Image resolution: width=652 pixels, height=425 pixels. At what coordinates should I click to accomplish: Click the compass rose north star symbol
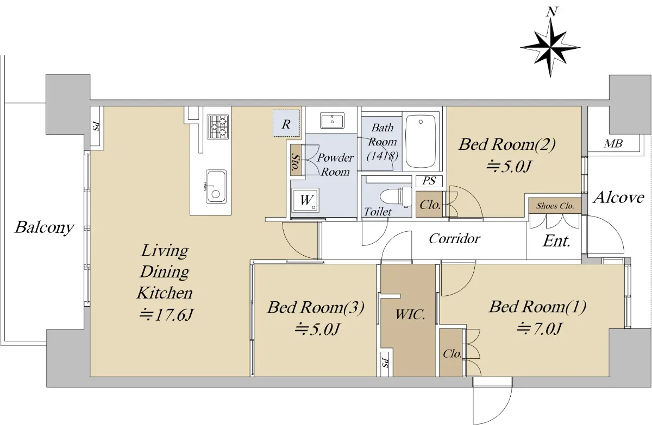point(550,47)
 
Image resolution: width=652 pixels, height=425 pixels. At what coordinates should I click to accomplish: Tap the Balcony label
point(45,227)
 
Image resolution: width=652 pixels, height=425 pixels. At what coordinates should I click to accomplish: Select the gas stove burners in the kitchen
point(218,127)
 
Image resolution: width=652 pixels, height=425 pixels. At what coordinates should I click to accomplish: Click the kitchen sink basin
point(216,186)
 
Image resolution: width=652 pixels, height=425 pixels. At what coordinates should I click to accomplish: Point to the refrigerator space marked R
point(286,123)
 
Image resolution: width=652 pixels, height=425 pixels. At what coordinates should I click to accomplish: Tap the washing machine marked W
point(306,200)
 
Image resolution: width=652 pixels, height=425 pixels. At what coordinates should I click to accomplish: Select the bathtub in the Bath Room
point(421,141)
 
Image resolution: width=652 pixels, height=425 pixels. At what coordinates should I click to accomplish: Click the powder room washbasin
point(332,120)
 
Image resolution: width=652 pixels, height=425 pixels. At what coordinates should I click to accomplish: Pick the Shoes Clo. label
point(555,206)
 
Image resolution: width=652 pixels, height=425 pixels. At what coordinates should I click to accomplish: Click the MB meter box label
point(613,144)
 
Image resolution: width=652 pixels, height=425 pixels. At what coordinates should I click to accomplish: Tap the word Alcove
point(618,198)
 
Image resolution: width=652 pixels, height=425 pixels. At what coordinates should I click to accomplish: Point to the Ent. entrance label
point(556,241)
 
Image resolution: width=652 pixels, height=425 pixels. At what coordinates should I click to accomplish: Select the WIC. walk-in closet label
point(410,314)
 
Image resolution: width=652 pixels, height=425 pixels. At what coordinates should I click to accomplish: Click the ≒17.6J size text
point(166,314)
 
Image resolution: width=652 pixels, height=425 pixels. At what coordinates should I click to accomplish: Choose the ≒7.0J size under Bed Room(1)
point(538,329)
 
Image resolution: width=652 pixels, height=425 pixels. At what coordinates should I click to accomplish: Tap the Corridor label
point(454,239)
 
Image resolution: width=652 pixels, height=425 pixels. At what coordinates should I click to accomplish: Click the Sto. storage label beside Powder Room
point(296,162)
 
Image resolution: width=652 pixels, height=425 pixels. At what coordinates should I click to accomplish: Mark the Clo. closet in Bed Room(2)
point(430,205)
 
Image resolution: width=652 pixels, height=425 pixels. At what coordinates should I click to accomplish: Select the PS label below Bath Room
point(429,181)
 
